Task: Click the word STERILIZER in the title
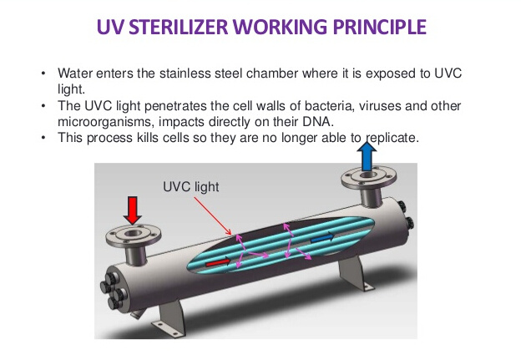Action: tap(179, 27)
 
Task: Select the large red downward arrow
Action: tap(133, 210)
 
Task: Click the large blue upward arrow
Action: tap(367, 156)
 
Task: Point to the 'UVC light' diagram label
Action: tap(191, 186)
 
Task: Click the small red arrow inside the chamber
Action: tap(218, 262)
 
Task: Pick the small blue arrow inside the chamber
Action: tap(322, 237)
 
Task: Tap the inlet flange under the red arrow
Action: tap(134, 236)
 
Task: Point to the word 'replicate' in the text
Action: tap(391, 138)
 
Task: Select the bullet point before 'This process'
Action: tap(43, 138)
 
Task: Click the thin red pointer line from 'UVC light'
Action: tap(213, 216)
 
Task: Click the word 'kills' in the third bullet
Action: tap(147, 138)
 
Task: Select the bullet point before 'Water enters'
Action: tap(43, 74)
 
